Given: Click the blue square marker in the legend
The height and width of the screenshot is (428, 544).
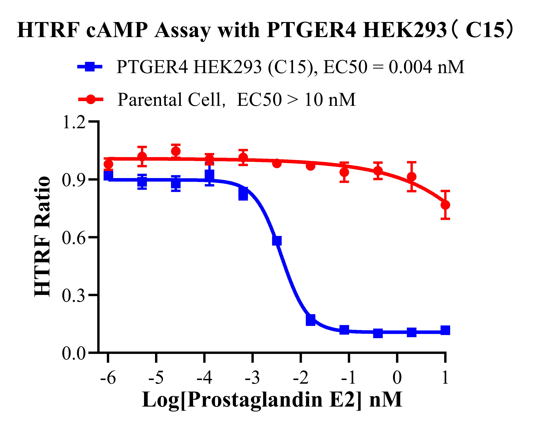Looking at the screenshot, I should (90, 67).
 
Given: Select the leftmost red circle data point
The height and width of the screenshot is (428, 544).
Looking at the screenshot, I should (108, 164).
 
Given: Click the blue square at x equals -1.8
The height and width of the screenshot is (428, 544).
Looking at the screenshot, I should (311, 320).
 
